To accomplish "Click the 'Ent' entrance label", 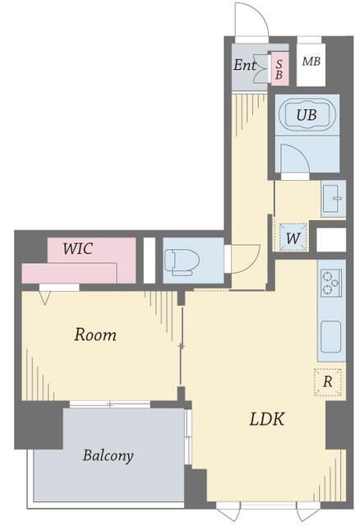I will [244, 64].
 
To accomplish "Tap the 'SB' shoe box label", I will [279, 68].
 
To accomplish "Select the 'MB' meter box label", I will [311, 62].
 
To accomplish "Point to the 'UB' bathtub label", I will [306, 115].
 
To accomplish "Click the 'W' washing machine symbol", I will [293, 238].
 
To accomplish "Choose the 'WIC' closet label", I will [78, 248].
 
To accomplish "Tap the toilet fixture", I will [182, 261].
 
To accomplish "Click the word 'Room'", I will [95, 335].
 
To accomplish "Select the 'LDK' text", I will [267, 419].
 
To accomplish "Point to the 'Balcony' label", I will [108, 454].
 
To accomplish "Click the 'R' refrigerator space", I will [327, 381].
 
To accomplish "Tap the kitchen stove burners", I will [331, 282].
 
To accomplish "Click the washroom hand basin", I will [334, 198].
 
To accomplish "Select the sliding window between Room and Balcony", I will [109, 404].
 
